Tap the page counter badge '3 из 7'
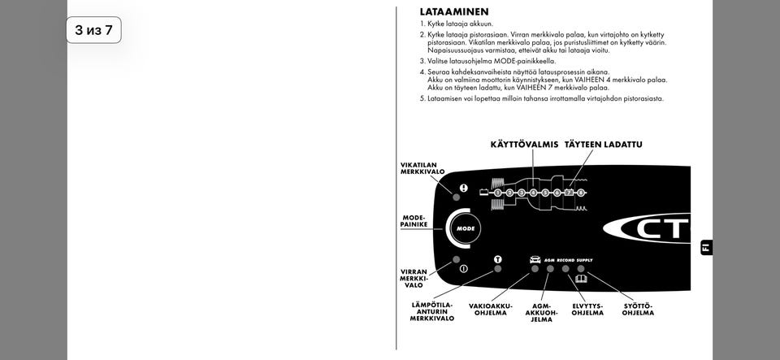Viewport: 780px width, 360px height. pos(93,30)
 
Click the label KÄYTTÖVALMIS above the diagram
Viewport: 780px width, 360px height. pos(524,145)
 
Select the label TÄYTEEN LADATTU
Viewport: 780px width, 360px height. pos(603,145)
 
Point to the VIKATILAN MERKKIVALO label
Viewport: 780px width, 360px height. pos(422,168)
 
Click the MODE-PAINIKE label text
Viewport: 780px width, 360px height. pos(415,221)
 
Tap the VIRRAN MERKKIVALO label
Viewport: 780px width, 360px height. pos(414,279)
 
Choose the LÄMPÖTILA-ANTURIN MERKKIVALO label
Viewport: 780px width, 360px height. pos(431,312)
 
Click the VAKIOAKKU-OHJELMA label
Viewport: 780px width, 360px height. pos(491,310)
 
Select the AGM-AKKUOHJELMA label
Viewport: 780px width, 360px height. pos(541,313)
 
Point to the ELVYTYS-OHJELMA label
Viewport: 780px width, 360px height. pos(587,310)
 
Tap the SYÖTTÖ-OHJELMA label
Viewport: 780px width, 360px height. pos(638,310)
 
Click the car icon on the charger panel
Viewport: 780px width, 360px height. pos(535,259)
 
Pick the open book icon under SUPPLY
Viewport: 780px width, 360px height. pos(580,278)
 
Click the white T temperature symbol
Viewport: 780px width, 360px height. pos(498,259)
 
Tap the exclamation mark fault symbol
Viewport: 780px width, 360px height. pos(464,188)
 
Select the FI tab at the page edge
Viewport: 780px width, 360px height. pos(705,247)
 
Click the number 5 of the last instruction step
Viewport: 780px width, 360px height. pos(422,98)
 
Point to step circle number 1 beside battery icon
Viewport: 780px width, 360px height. pos(497,193)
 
